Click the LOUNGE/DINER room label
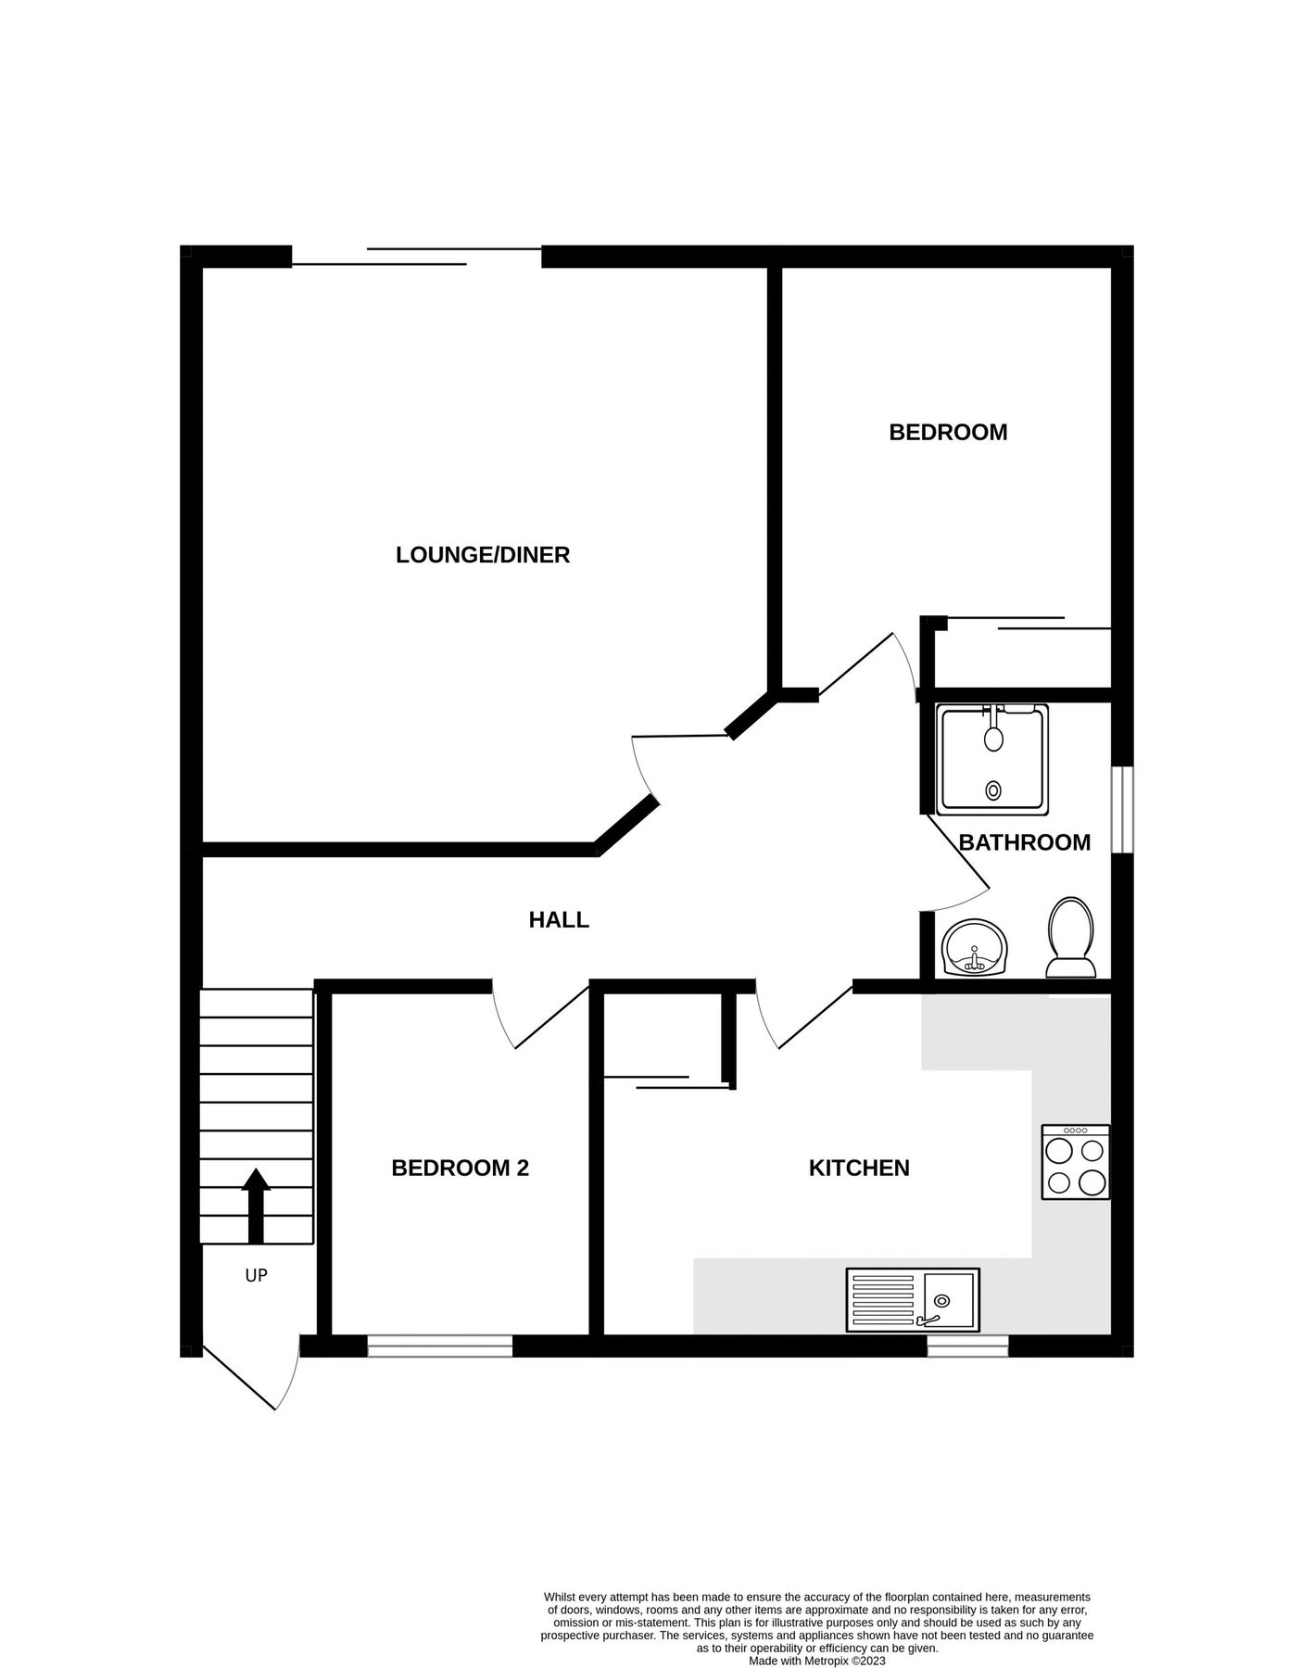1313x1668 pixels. [x=482, y=554]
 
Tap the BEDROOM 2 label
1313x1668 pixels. [x=460, y=1168]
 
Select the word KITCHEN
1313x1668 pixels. [x=859, y=1168]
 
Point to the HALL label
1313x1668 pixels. [x=559, y=919]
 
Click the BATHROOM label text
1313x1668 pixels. [x=1024, y=842]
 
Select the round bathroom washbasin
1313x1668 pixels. [x=974, y=948]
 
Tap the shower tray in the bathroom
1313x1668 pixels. [x=992, y=759]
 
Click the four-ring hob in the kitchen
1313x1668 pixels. [x=1075, y=1163]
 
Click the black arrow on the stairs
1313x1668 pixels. [x=256, y=1205]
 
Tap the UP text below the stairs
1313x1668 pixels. [x=256, y=1276]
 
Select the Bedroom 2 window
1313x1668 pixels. [x=440, y=1346]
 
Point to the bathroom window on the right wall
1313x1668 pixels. [x=1122, y=809]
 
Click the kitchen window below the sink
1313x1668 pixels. [x=967, y=1346]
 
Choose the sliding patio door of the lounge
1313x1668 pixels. [x=417, y=257]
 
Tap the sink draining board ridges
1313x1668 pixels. [x=882, y=1300]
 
